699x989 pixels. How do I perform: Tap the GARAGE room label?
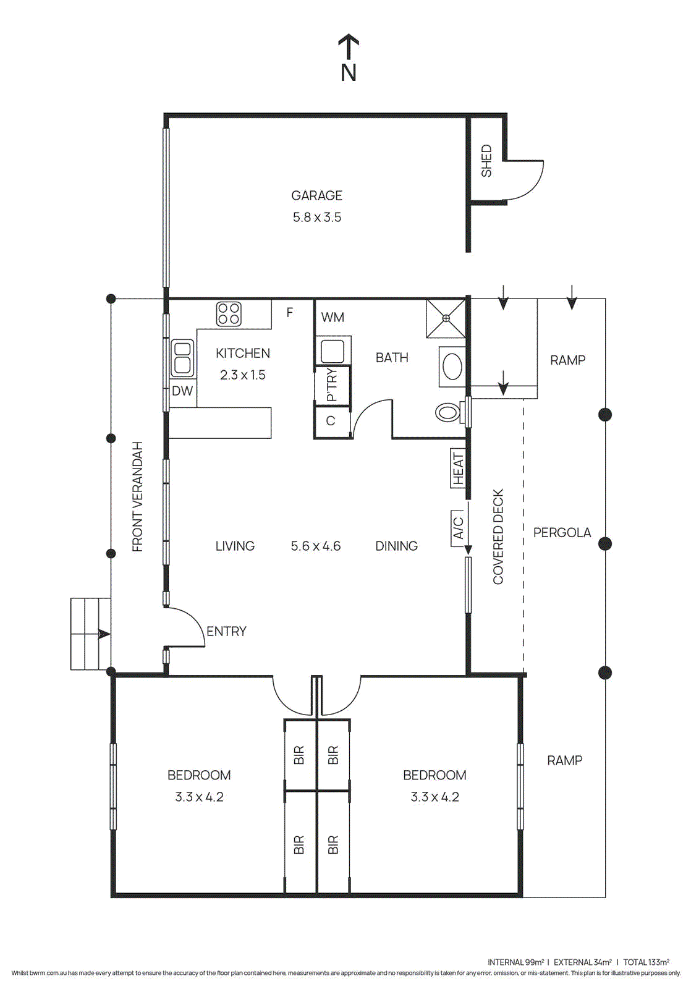tap(316, 195)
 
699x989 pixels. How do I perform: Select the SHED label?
tap(486, 161)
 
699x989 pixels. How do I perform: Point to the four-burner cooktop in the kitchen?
tap(228, 314)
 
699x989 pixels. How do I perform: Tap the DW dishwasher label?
tap(182, 391)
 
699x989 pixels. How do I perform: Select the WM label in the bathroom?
tap(333, 317)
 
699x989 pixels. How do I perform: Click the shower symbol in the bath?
tap(446, 318)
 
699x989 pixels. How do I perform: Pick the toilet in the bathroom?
tap(449, 414)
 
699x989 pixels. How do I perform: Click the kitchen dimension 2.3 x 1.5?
tap(242, 375)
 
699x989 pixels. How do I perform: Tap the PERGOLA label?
tap(562, 532)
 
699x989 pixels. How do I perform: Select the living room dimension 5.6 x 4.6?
tap(316, 546)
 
